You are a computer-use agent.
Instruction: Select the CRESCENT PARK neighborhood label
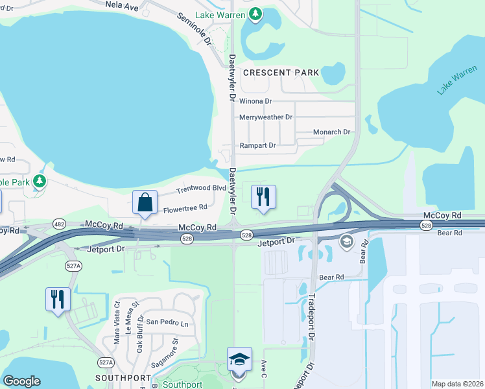coord(281,73)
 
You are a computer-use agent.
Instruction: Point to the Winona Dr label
coord(255,102)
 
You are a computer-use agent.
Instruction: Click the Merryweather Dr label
coord(266,117)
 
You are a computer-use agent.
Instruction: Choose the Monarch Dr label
coord(331,132)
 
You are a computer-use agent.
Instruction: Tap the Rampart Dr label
coord(257,146)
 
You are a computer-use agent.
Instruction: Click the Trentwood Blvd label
coord(202,189)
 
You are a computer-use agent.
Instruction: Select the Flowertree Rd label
coord(185,208)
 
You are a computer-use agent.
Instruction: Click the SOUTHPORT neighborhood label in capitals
coord(123,377)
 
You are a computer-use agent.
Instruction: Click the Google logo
coord(21,381)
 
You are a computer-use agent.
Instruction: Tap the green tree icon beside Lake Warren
coord(256,14)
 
